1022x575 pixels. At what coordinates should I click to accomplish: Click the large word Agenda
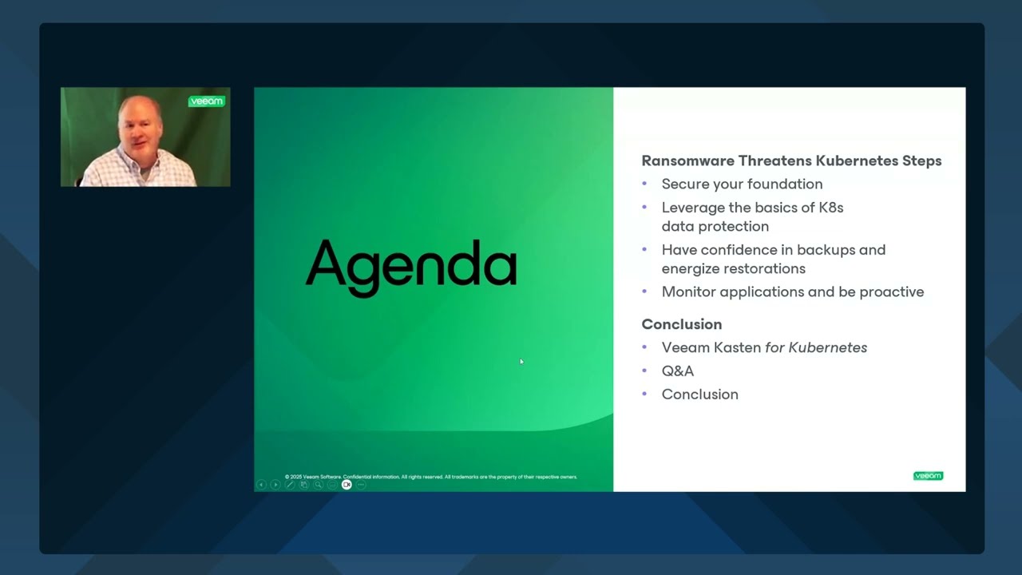point(411,264)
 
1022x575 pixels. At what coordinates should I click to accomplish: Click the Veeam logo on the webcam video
point(206,101)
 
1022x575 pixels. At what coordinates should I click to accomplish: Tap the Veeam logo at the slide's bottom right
point(928,476)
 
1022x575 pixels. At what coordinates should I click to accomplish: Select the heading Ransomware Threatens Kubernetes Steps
point(791,161)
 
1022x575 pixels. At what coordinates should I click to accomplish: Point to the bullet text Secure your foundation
point(742,184)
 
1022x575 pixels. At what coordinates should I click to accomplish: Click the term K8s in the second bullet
point(831,208)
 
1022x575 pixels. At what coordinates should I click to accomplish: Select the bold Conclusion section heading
point(681,324)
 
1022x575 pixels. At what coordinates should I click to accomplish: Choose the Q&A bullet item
point(677,371)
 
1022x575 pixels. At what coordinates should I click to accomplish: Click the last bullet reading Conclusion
point(699,395)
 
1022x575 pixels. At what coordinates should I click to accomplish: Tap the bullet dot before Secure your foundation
point(644,184)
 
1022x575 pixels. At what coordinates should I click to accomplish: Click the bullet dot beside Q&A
point(644,371)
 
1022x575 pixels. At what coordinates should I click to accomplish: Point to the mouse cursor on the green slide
point(521,362)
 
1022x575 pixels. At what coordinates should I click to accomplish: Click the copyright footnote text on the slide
point(430,477)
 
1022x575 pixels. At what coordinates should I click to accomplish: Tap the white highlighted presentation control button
point(347,485)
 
